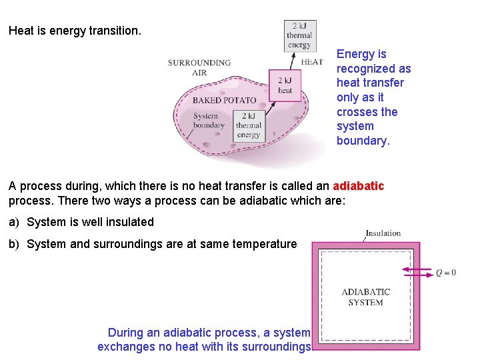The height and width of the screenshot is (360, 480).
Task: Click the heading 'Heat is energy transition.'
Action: pyautogui.click(x=75, y=31)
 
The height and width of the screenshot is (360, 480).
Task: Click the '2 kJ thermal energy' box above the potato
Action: pyautogui.click(x=299, y=35)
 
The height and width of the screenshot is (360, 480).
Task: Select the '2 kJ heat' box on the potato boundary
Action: pyautogui.click(x=285, y=85)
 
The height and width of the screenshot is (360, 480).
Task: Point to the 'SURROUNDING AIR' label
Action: pyautogui.click(x=199, y=67)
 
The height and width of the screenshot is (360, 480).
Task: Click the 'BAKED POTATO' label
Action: pyautogui.click(x=224, y=101)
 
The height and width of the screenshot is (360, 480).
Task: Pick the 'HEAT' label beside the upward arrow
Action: pyautogui.click(x=312, y=62)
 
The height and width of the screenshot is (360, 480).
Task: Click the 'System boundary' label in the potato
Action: pyautogui.click(x=209, y=121)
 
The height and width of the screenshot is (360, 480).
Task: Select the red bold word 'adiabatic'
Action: pyautogui.click(x=359, y=186)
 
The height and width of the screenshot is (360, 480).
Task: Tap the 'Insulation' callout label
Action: pyautogui.click(x=383, y=233)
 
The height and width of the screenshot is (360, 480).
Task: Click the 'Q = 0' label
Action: pyautogui.click(x=446, y=272)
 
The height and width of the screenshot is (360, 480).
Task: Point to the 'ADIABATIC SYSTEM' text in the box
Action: pyautogui.click(x=365, y=297)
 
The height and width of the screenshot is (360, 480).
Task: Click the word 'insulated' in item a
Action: pyautogui.click(x=131, y=222)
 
